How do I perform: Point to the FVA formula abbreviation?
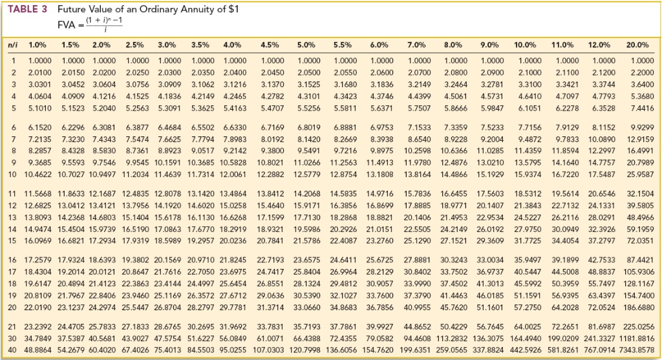click(x=67, y=25)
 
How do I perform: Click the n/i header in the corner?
click(x=12, y=45)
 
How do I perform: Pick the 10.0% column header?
click(x=525, y=45)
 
